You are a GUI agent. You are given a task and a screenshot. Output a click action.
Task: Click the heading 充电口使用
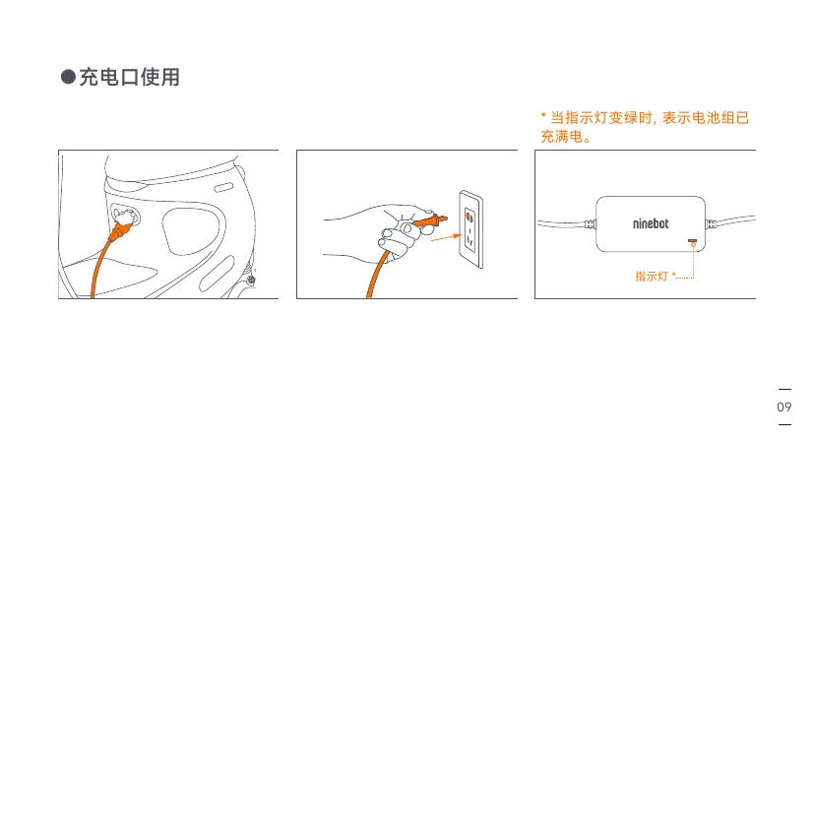click(129, 78)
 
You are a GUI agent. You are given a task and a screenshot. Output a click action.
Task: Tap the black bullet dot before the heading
click(68, 77)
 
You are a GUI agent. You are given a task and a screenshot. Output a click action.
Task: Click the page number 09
click(783, 407)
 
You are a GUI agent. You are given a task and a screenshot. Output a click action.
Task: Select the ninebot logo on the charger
click(651, 223)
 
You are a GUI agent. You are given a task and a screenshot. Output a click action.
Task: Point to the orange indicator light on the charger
click(693, 240)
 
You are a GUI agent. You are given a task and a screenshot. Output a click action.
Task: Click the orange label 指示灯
click(652, 277)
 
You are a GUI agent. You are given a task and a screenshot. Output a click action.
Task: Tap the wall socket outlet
click(470, 229)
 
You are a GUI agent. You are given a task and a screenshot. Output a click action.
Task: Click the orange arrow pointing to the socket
click(446, 238)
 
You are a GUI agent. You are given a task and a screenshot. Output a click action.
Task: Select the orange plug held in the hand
click(430, 221)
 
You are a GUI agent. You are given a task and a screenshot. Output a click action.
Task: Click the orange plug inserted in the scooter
click(120, 230)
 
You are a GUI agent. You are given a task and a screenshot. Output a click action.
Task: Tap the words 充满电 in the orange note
click(562, 137)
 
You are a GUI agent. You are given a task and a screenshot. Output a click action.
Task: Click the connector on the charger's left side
click(591, 224)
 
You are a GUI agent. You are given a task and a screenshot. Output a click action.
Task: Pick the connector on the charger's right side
click(712, 224)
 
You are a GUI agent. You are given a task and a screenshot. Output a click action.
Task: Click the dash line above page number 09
click(784, 389)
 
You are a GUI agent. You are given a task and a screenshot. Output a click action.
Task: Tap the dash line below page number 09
click(784, 424)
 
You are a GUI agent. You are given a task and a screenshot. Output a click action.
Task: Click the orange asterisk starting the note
click(543, 115)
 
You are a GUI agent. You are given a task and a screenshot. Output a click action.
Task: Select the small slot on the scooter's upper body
click(223, 187)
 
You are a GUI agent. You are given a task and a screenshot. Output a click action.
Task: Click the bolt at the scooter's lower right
click(251, 281)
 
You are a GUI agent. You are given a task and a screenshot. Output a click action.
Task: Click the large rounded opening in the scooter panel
click(189, 231)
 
